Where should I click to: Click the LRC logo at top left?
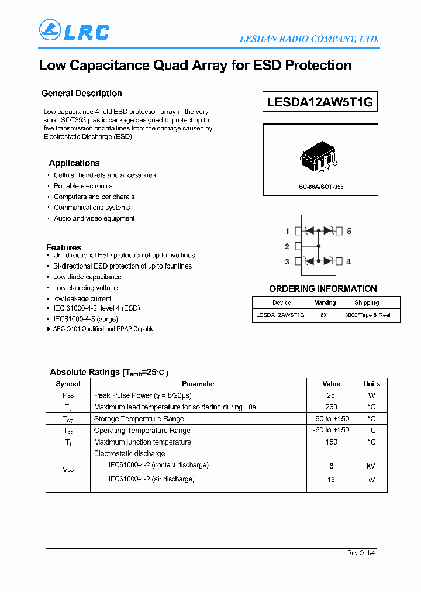[74, 30]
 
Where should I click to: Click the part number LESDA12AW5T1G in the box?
[320, 102]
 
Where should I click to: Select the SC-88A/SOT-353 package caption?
[320, 187]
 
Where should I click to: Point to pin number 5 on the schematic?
[349, 231]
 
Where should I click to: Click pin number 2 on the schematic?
[287, 246]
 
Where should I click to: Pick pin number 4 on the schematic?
[348, 261]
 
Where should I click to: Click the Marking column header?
[325, 302]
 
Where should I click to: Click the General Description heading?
[81, 93]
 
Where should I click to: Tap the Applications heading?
[74, 163]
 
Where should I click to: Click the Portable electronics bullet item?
[83, 186]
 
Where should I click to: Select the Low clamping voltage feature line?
[85, 288]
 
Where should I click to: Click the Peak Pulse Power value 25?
[331, 395]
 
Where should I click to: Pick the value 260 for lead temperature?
[331, 407]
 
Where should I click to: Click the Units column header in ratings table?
[371, 384]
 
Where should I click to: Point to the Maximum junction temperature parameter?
[143, 442]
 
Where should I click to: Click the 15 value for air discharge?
[331, 479]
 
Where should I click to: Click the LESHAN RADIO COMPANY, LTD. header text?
[309, 39]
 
